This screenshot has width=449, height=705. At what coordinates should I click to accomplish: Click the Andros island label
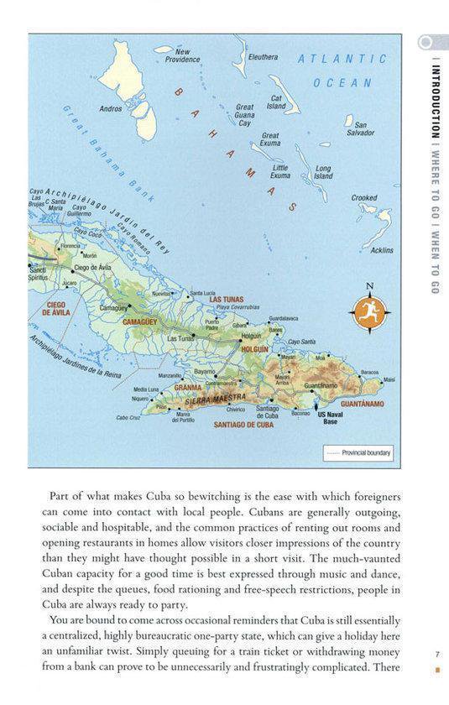tap(111, 108)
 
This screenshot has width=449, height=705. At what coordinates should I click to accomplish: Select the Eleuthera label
tap(263, 57)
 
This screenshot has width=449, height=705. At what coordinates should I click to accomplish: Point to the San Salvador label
tap(359, 128)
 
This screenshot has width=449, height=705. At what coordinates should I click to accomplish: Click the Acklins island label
tap(382, 250)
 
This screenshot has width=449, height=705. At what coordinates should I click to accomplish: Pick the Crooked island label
tap(363, 198)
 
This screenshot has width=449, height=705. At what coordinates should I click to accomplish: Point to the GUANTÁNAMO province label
tap(363, 404)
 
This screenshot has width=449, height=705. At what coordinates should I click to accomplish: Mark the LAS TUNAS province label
tap(226, 300)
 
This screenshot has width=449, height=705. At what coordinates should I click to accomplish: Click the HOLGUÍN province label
tap(255, 347)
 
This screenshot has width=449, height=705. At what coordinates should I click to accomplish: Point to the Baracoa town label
tap(372, 372)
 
